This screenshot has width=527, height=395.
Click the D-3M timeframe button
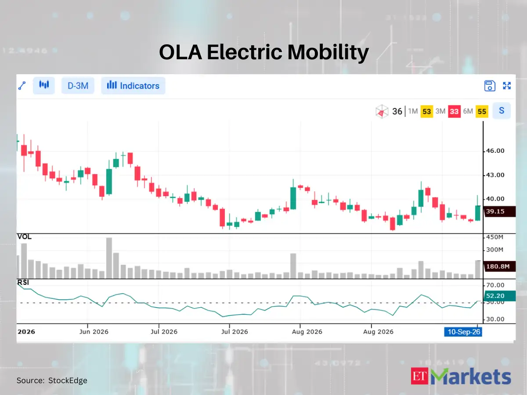tap(78, 86)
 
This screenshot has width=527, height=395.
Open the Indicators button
tap(133, 86)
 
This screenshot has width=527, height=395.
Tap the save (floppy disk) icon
tap(490, 86)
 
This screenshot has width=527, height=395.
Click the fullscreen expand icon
tap(507, 86)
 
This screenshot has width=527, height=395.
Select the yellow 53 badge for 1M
tap(426, 111)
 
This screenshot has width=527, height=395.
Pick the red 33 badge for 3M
tap(454, 111)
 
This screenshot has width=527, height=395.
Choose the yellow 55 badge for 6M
tap(482, 111)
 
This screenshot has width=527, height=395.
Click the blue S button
tap(502, 111)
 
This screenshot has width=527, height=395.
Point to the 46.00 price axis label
tap(495, 151)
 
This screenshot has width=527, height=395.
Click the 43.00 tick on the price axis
tap(495, 175)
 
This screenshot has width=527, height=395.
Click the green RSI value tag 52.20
tap(500, 296)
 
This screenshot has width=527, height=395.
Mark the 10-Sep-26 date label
tap(463, 332)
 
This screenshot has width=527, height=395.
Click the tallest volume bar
tap(109, 258)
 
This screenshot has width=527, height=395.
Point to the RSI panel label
tap(23, 283)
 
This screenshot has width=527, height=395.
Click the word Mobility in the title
tap(328, 52)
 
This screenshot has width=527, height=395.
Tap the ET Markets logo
tap(461, 376)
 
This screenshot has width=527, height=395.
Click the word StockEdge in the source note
tap(68, 381)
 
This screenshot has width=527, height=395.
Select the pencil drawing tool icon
tap(22, 86)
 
